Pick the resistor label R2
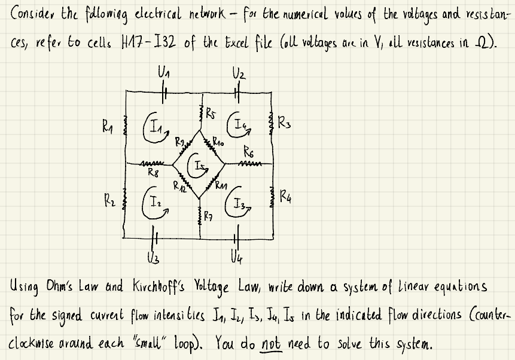click(105, 194)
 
